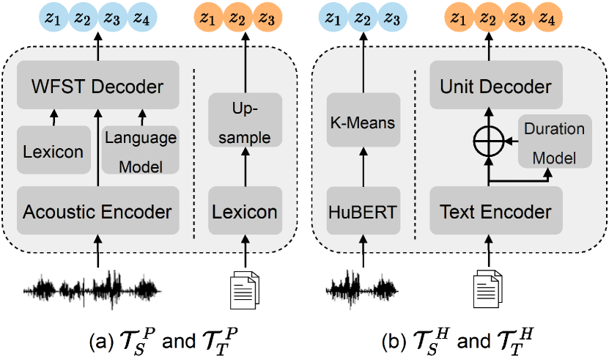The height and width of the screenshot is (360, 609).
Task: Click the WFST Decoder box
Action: point(97,87)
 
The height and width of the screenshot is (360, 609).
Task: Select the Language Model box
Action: point(141,150)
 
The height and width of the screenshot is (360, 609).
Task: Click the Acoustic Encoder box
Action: point(97,212)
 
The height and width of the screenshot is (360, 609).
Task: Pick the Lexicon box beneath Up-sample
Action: point(245,212)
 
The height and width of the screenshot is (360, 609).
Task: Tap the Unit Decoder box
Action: point(496,87)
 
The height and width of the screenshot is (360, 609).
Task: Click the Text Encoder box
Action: point(496,212)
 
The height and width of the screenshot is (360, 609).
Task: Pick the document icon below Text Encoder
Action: point(486,287)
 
